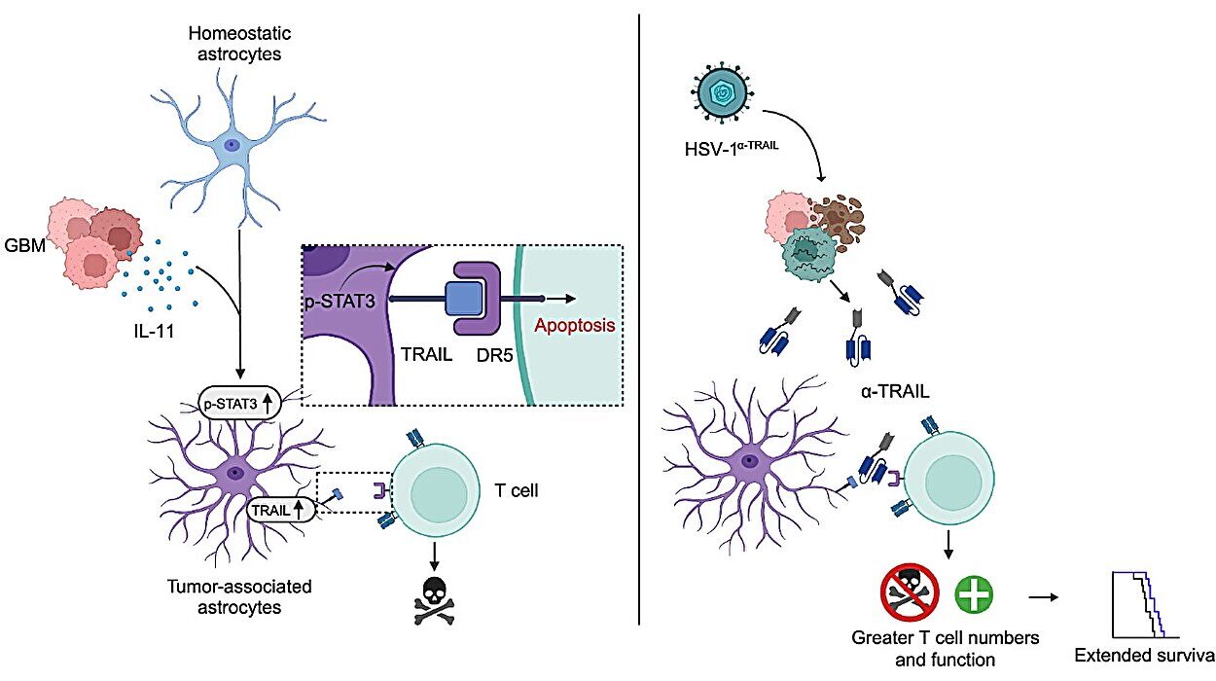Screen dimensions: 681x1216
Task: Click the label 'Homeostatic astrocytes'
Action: pos(234,45)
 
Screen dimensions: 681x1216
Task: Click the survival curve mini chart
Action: pos(1139,603)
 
